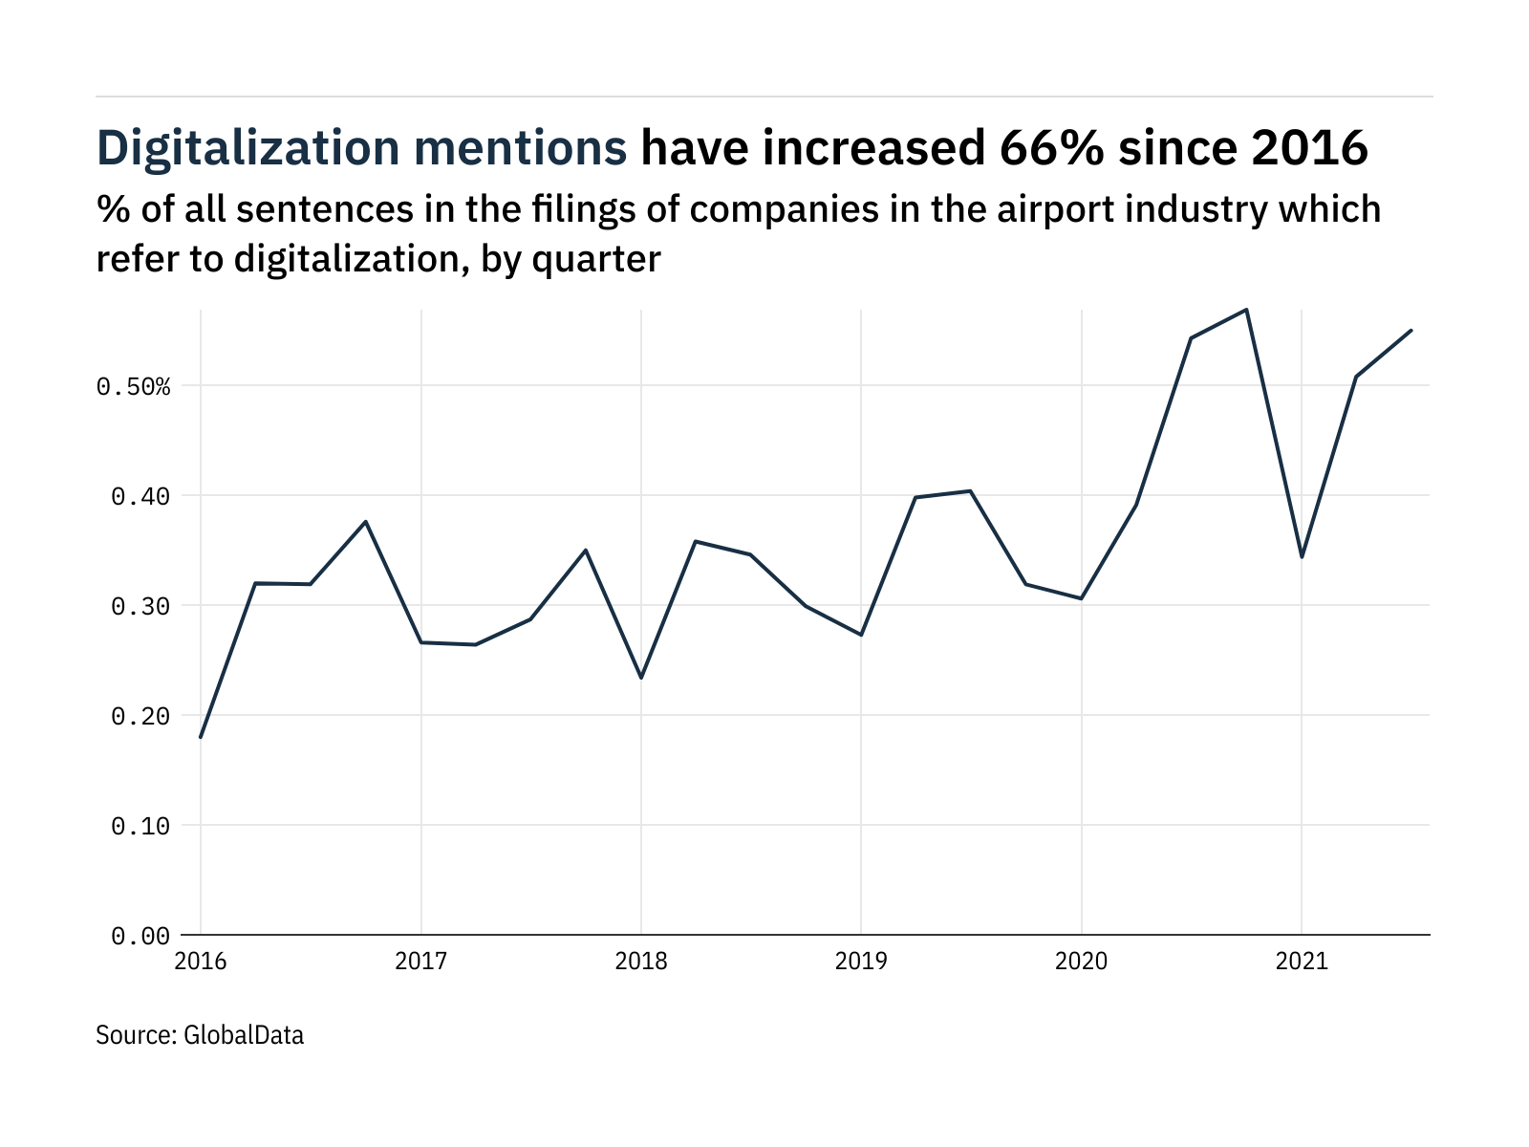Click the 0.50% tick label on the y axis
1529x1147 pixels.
pyautogui.click(x=133, y=387)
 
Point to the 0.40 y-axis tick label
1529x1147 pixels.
pyautogui.click(x=140, y=497)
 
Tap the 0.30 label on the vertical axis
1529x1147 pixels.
pyautogui.click(x=140, y=607)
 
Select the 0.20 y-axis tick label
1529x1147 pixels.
pyautogui.click(x=140, y=717)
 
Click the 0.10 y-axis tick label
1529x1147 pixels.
pyautogui.click(x=140, y=827)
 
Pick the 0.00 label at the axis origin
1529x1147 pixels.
pyautogui.click(x=140, y=937)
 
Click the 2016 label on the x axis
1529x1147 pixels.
pyautogui.click(x=201, y=961)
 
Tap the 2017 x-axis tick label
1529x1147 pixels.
pyautogui.click(x=420, y=961)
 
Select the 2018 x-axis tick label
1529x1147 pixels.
pyautogui.click(x=641, y=961)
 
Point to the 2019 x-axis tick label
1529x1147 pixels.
pyautogui.click(x=861, y=961)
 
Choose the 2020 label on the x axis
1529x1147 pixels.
pyautogui.click(x=1081, y=961)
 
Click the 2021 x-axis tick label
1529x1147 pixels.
pyautogui.click(x=1302, y=961)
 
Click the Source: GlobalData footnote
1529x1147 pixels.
pyautogui.click(x=200, y=1035)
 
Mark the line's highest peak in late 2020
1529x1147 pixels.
pyautogui.click(x=1246, y=310)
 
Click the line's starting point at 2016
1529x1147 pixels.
pyautogui.click(x=201, y=737)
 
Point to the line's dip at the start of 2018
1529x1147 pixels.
pyautogui.click(x=641, y=678)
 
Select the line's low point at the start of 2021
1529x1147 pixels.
pyautogui.click(x=1302, y=557)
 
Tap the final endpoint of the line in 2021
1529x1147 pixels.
pyautogui.click(x=1411, y=331)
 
